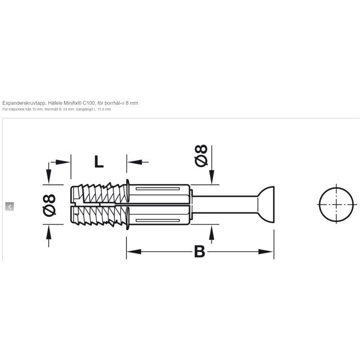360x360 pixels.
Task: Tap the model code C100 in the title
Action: [x=89, y=103]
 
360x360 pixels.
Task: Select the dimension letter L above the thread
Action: [x=99, y=162]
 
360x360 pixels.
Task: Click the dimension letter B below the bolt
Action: [x=199, y=252]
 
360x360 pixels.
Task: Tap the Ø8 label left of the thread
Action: [x=49, y=205]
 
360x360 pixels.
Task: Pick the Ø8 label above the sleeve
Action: [x=201, y=155]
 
